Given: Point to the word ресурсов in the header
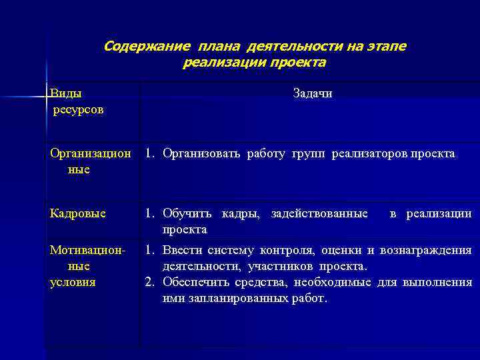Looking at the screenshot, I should point(79,109).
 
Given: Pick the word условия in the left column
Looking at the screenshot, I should point(73,282).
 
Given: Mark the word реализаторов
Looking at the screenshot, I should point(369,154).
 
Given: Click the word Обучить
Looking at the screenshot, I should point(187,213).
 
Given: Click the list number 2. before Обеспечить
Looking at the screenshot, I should point(150,283).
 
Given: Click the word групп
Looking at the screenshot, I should point(309,154).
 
